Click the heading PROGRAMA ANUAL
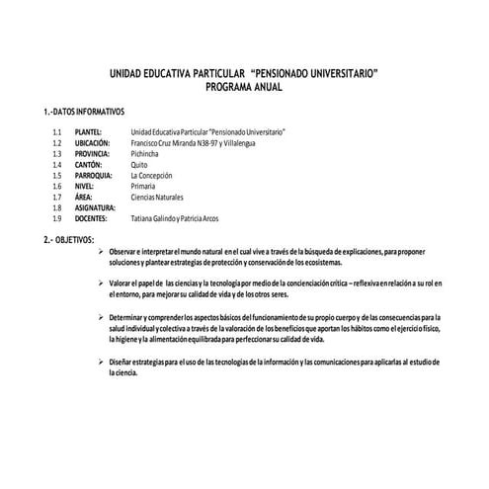click(x=243, y=88)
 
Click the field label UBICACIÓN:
click(x=94, y=143)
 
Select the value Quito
click(x=140, y=165)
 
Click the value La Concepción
click(x=156, y=176)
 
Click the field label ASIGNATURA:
click(x=98, y=208)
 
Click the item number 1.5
click(x=58, y=176)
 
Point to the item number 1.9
click(x=58, y=219)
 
